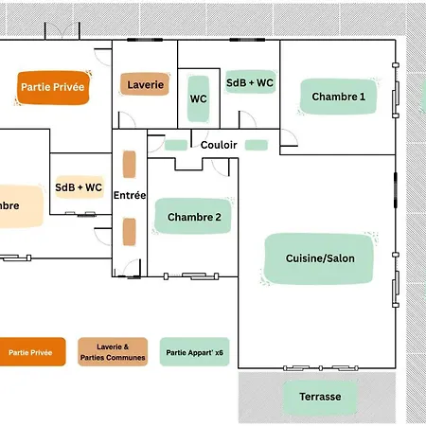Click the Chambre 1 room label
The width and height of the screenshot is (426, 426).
click(x=338, y=97)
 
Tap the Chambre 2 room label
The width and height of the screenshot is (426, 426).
click(x=193, y=217)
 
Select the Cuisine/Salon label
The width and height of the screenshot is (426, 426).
click(x=319, y=258)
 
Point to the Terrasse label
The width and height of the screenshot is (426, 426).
click(x=320, y=397)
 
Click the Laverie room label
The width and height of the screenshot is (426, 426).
click(x=145, y=84)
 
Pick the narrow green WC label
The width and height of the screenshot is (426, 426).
click(x=198, y=98)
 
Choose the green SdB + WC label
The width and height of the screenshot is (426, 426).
click(x=250, y=82)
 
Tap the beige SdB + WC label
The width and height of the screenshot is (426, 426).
click(x=79, y=187)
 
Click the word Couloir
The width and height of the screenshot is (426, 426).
click(x=219, y=145)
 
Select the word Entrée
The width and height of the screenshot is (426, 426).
click(x=130, y=195)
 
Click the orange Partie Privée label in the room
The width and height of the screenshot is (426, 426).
click(x=53, y=87)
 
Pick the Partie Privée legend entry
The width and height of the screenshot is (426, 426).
click(x=30, y=352)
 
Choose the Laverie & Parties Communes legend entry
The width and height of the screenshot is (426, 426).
click(x=113, y=352)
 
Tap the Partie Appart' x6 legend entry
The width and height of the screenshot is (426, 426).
click(x=194, y=352)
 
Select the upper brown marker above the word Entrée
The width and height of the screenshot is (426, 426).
click(x=130, y=164)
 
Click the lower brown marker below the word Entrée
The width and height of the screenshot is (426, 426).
click(x=130, y=232)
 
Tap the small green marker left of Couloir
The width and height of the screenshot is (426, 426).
click(x=176, y=145)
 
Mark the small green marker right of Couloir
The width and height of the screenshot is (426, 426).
click(x=257, y=145)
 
